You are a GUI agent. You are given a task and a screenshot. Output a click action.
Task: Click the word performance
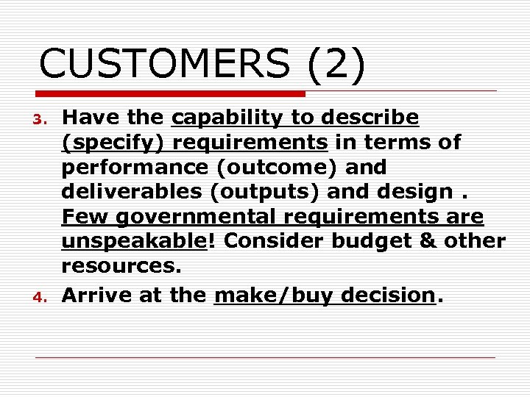click(121, 167)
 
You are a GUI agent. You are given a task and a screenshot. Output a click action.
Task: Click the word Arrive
click(96, 296)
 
